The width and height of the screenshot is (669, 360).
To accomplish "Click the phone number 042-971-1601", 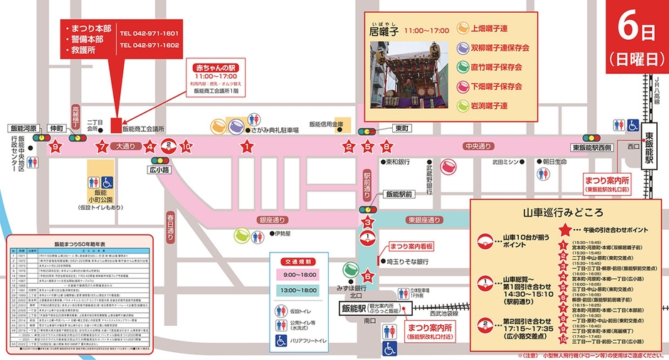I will [149, 33].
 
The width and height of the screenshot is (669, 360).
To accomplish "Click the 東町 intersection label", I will [401, 129].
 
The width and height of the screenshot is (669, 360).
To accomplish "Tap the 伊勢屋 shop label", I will [283, 234].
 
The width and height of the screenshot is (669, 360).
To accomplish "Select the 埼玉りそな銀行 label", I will [408, 262].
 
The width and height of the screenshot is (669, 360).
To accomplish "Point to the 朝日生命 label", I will [554, 162].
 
